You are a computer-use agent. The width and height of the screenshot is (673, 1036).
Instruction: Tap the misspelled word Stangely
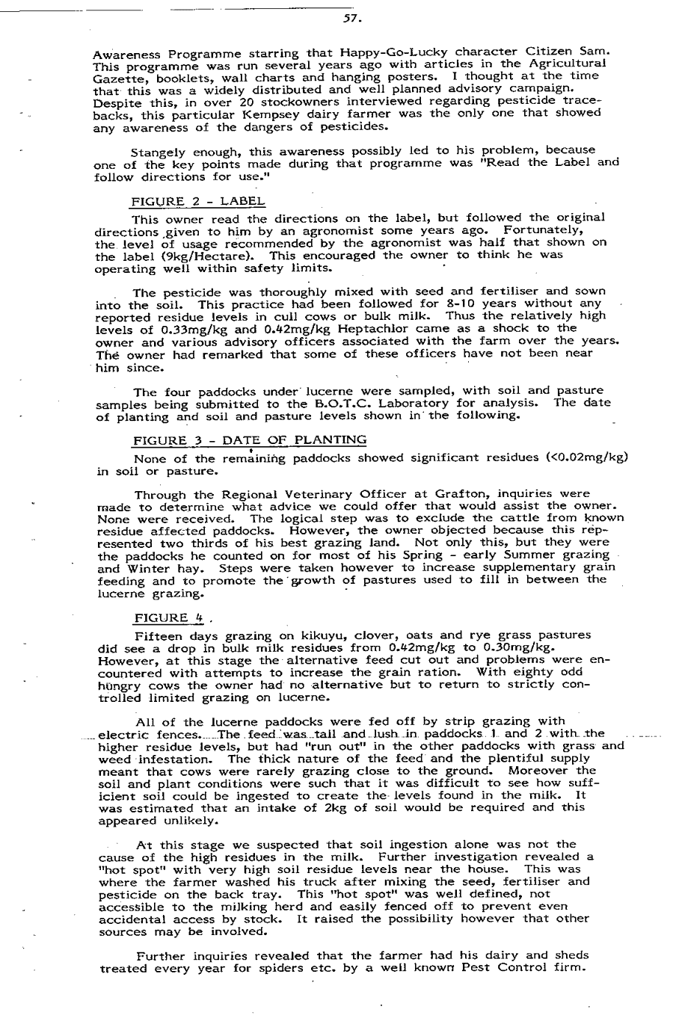[161, 150]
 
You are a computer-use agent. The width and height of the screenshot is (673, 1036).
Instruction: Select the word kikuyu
[288, 635]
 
